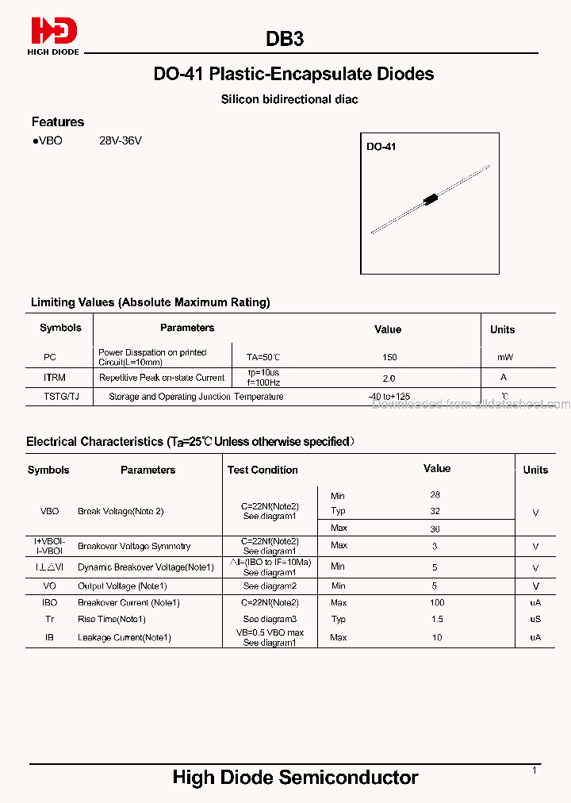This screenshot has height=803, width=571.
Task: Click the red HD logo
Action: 54,32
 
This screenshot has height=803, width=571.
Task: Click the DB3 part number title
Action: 285,39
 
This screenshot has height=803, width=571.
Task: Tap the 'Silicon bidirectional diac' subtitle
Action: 289,99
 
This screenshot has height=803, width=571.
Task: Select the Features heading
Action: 58,121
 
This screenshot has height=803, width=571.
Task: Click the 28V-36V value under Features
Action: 121,140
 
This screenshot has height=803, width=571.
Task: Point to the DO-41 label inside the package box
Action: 381,147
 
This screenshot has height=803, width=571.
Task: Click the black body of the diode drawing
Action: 431,198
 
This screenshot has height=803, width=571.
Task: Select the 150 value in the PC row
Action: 389,357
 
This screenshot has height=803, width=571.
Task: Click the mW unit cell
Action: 504,357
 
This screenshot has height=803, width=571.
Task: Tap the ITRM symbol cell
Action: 55,378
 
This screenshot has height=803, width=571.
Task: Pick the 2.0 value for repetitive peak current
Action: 389,378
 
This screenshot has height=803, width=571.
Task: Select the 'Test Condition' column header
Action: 263,470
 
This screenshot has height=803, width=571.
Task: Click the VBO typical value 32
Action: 435,511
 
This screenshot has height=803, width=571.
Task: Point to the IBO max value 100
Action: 437,603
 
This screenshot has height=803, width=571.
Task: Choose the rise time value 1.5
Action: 437,619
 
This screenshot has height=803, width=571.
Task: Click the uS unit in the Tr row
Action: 535,619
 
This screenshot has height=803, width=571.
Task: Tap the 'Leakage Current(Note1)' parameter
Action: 125,637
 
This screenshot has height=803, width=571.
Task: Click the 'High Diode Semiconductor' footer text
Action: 295,778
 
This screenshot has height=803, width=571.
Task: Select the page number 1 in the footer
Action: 535,770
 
